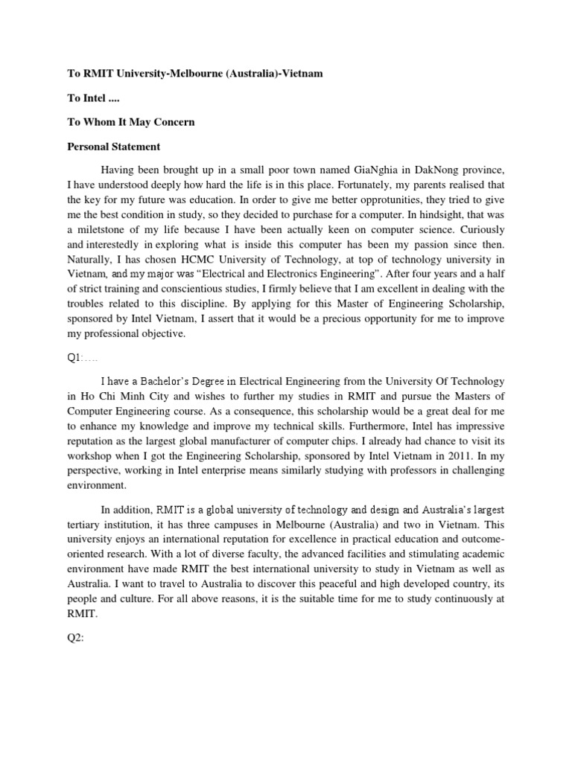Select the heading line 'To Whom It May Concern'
[131, 122]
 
